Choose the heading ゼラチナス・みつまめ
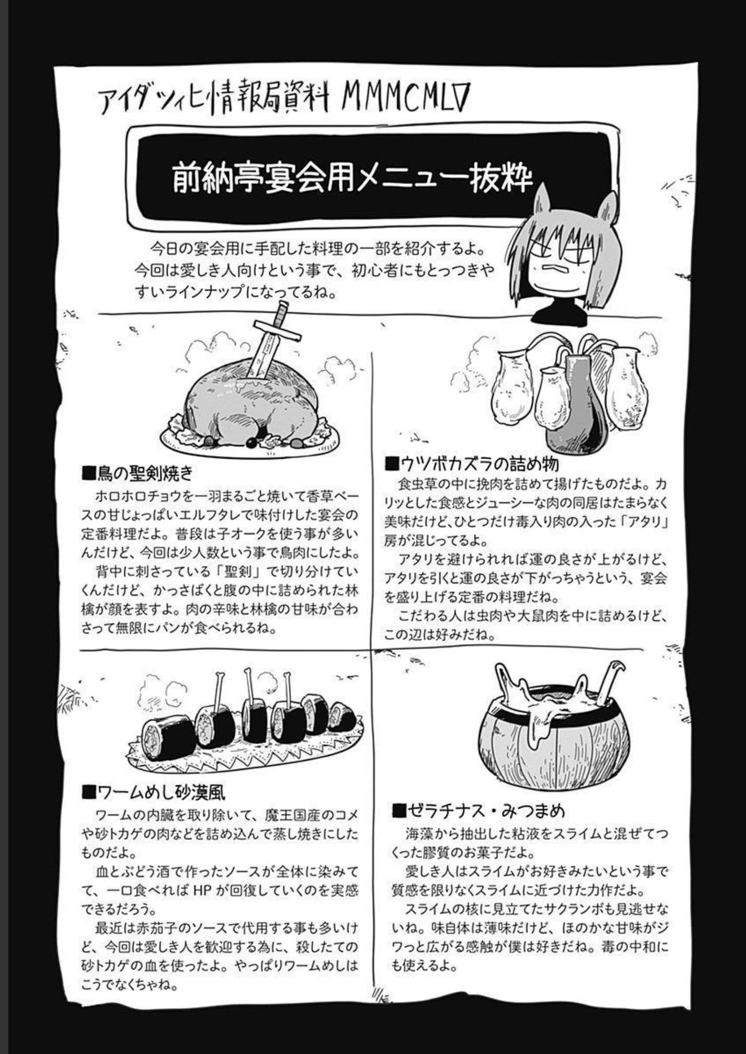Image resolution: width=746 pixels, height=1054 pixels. tap(478, 811)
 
